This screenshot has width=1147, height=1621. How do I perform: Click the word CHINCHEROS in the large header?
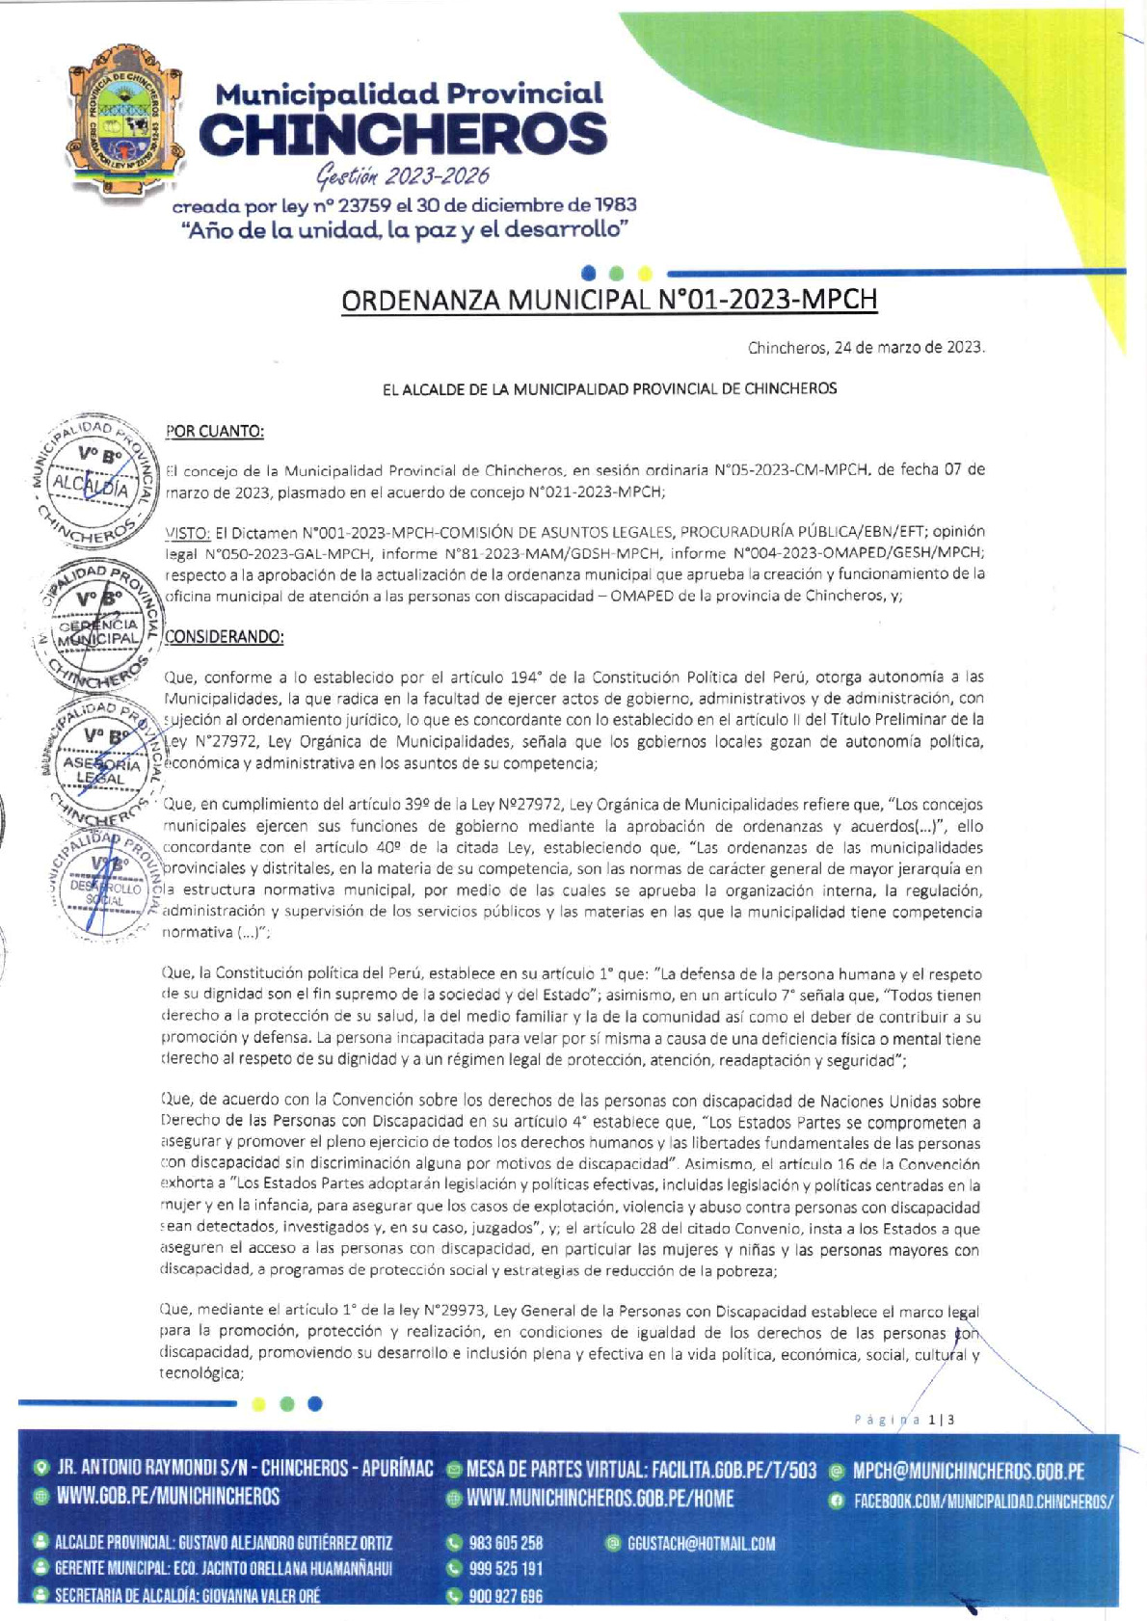pyautogui.click(x=403, y=135)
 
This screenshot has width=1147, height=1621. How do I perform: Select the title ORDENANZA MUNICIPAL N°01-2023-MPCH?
pyautogui.click(x=609, y=301)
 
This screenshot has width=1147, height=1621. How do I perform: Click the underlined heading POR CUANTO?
pyautogui.click(x=214, y=432)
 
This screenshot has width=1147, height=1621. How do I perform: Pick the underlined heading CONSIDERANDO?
pyautogui.click(x=224, y=637)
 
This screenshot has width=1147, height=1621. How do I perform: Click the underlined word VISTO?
pyautogui.click(x=188, y=532)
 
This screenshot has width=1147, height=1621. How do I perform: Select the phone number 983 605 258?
pyautogui.click(x=505, y=1543)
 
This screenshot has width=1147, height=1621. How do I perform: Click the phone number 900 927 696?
pyautogui.click(x=505, y=1597)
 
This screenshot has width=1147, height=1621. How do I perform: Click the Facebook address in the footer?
pyautogui.click(x=983, y=1501)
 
